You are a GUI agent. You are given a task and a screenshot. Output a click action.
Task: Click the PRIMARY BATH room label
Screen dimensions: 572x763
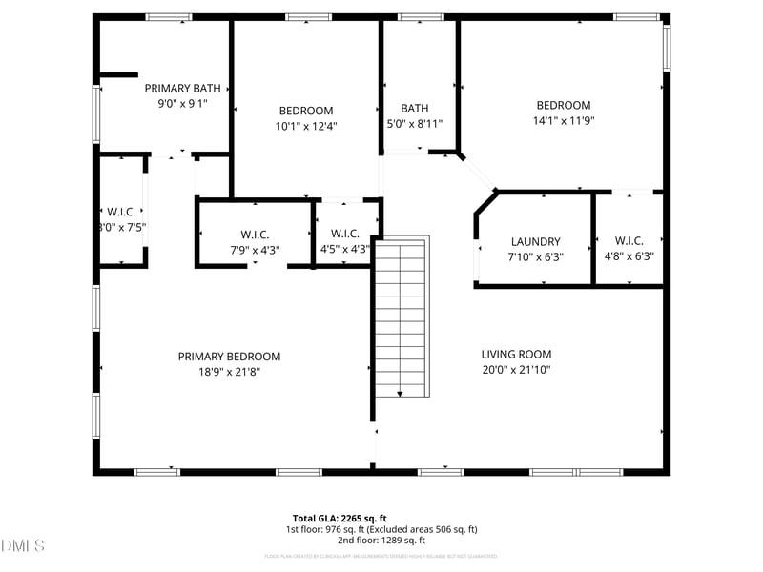coord(182,88)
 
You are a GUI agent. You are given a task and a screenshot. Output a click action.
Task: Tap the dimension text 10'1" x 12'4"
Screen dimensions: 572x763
coord(306,126)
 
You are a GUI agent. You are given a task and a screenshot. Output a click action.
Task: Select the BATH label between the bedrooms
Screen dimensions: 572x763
coord(414,109)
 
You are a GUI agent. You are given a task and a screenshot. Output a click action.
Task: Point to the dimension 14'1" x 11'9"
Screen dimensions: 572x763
coord(563,121)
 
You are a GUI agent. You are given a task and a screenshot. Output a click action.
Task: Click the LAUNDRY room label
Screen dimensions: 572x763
coord(535,242)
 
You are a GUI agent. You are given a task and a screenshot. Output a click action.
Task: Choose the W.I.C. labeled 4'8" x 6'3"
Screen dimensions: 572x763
coord(629,241)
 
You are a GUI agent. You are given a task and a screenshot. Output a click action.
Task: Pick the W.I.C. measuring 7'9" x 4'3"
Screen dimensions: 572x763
coord(255,235)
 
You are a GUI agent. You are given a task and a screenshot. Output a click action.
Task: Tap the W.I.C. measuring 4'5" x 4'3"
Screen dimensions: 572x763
coord(343,235)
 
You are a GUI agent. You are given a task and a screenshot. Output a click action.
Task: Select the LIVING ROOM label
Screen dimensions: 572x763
coord(516,355)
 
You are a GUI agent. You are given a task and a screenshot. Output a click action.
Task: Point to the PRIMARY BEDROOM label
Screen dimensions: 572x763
coord(229,357)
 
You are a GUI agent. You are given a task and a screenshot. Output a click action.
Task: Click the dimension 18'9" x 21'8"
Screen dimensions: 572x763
coord(229,372)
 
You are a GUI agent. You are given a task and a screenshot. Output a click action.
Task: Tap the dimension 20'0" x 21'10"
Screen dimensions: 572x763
coord(516,370)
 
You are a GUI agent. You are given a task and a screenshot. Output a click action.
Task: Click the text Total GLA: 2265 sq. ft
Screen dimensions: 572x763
coord(339,518)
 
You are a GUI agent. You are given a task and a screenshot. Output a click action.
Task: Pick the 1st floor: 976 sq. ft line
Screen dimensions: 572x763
coord(381,529)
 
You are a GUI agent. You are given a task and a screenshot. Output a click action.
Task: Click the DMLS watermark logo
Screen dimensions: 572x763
coord(23,546)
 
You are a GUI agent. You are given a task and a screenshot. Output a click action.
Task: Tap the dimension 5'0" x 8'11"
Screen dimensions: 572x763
coord(414,124)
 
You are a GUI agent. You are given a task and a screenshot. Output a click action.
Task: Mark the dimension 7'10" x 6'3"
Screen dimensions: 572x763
coord(535,256)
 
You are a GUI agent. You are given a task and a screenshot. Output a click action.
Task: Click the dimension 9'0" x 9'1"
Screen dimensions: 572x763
coord(182,103)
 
